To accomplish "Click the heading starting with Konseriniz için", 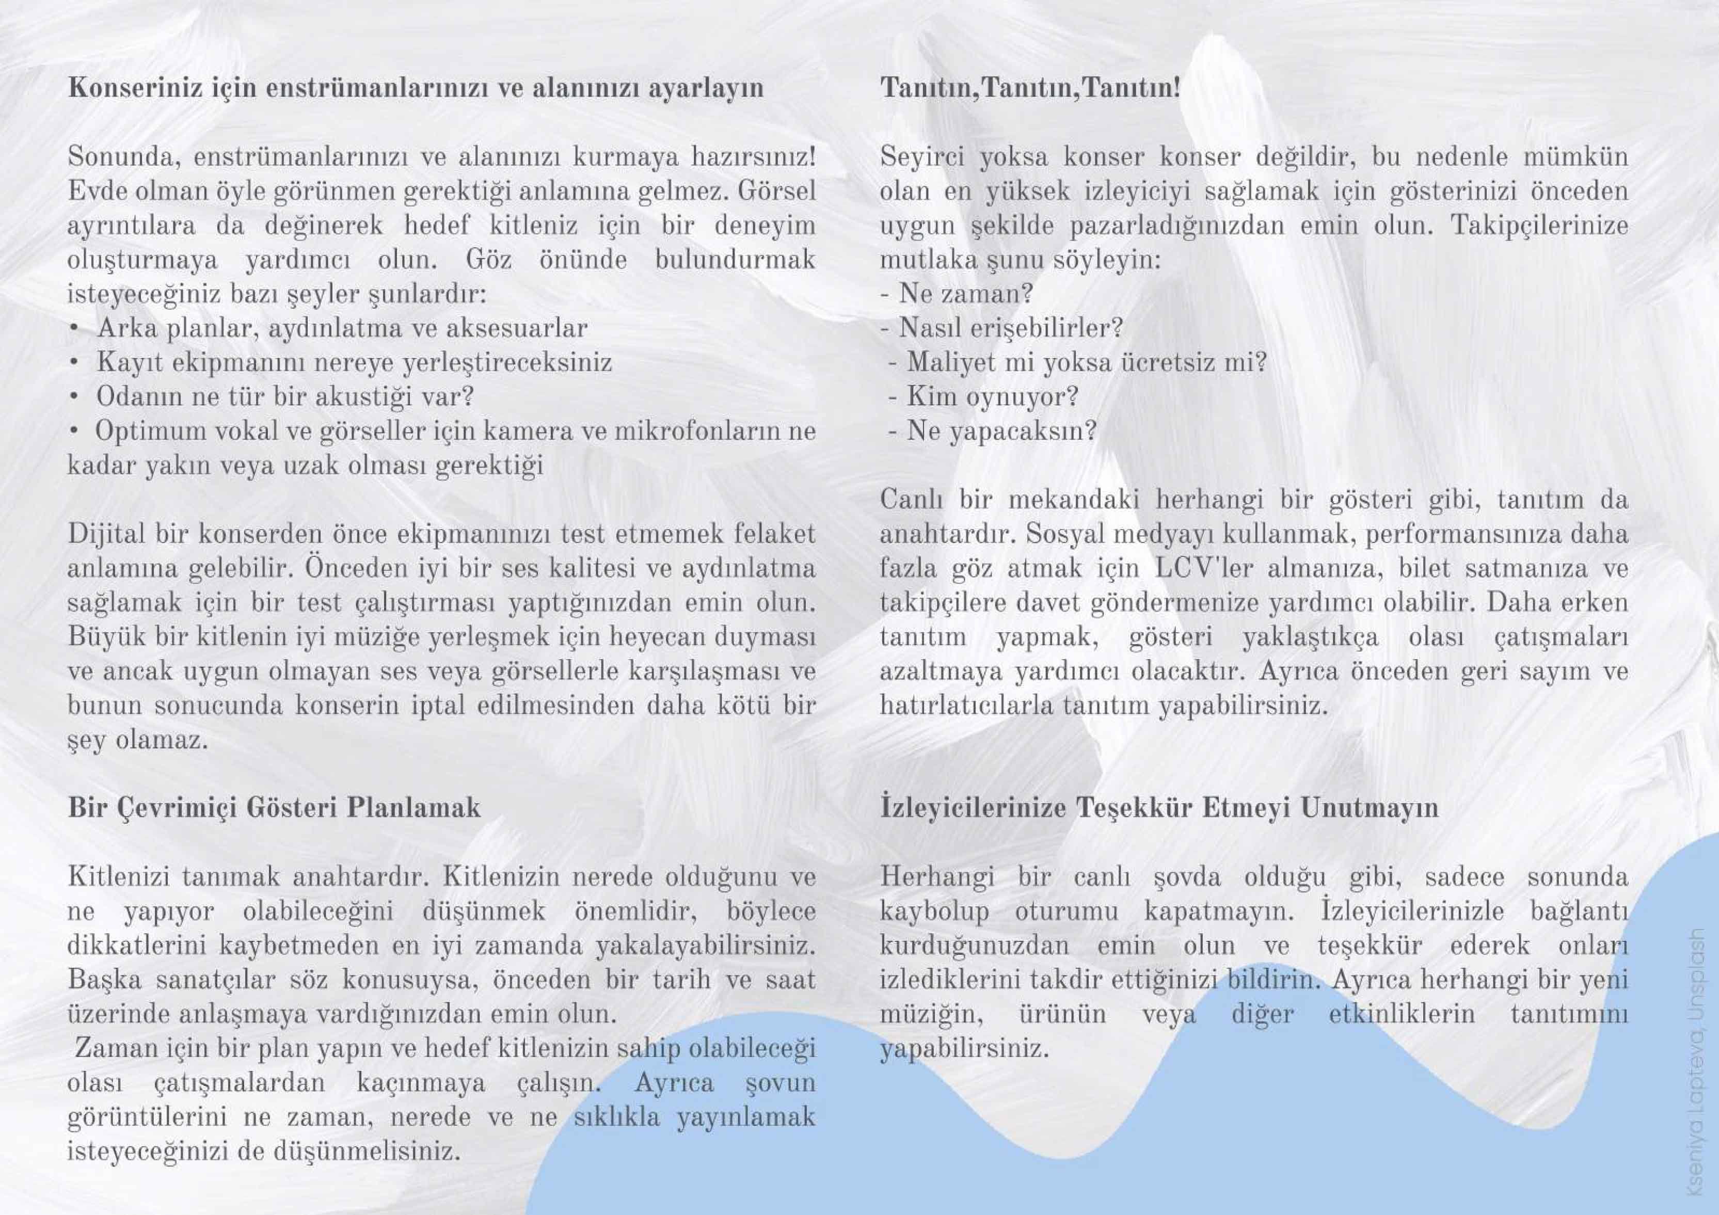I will click(x=416, y=88).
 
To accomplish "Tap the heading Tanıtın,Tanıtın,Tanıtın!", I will click(x=1029, y=88).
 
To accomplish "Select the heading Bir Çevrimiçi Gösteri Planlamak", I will click(x=274, y=808).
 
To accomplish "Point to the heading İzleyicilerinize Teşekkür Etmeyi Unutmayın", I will click(x=1159, y=808).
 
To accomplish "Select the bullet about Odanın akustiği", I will click(x=284, y=396).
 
